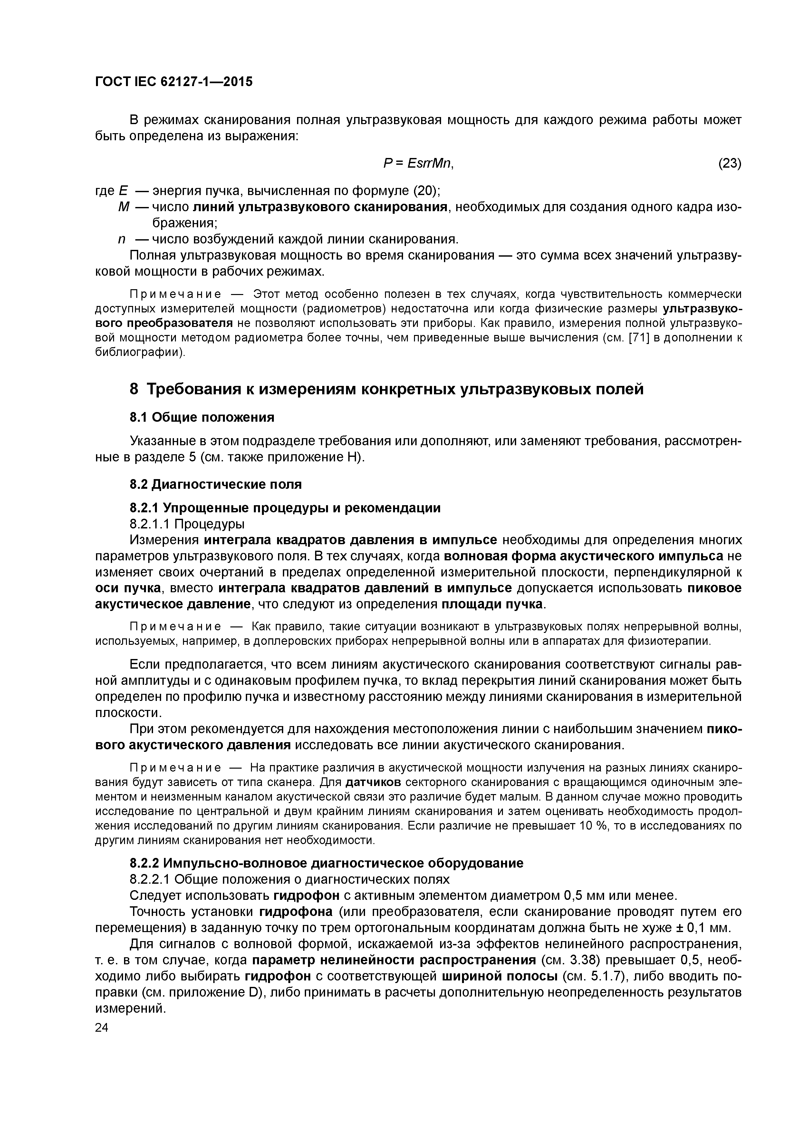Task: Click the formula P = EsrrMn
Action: [x=418, y=163]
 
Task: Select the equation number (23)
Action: [x=730, y=163]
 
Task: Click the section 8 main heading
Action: [x=387, y=389]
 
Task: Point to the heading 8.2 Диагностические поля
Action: [x=216, y=484]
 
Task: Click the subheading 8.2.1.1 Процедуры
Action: [x=187, y=523]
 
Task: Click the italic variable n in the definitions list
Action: [x=121, y=240]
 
